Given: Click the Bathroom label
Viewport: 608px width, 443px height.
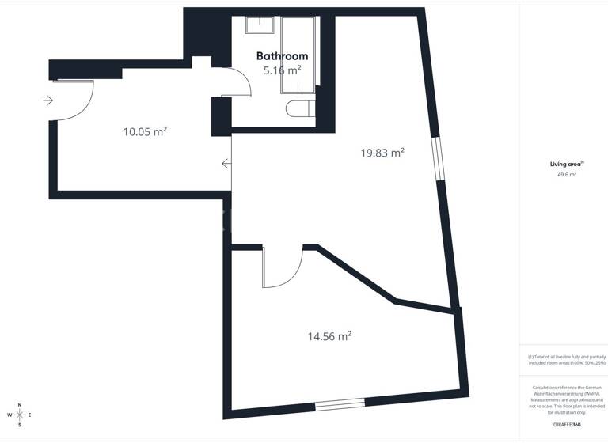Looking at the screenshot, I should coord(282,56).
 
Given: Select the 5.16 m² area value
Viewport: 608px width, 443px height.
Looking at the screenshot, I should coord(282,70).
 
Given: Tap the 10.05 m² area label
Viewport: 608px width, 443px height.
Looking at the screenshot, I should coord(145,131).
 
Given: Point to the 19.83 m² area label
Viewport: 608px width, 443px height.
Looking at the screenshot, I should coord(382,153).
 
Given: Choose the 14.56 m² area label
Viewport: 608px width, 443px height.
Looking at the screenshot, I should coord(329,336).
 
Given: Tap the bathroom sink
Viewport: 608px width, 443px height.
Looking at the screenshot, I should coord(260,25).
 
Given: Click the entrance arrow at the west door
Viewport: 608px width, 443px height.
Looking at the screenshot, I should coord(47,100).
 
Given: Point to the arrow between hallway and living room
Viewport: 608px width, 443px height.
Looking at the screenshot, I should coord(226,164).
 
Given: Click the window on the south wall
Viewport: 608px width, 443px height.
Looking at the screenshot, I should coord(340,406).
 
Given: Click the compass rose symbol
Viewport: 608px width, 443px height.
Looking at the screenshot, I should coord(20,415).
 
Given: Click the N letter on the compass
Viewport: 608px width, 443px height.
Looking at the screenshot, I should coord(20,404).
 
